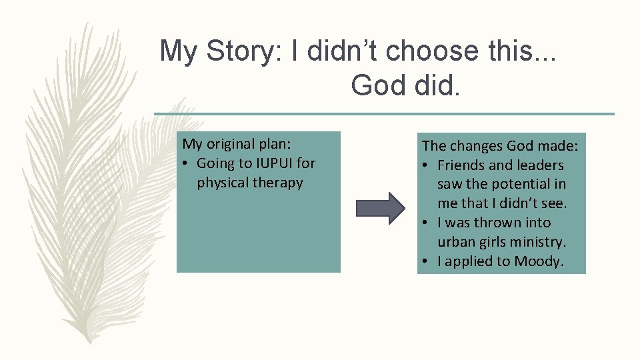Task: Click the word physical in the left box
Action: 223,183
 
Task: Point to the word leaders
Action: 539,165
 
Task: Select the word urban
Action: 456,242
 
